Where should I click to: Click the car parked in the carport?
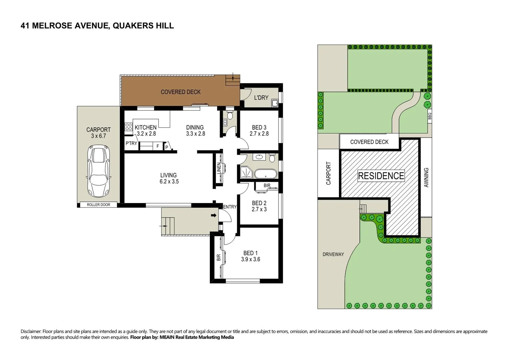coord(98,171)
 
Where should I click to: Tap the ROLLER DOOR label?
coord(98,205)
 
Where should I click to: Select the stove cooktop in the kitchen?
coord(128,127)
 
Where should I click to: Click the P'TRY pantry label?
coord(131,143)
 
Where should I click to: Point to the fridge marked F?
coord(158,146)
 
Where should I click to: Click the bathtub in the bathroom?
coord(266,174)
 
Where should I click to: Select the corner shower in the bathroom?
coord(246,173)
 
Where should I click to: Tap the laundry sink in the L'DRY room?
coord(275,103)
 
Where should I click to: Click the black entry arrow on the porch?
coord(213,215)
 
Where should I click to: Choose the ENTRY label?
coord(229,207)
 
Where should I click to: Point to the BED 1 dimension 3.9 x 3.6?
coord(250,259)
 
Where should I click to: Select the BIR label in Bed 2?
coord(267,186)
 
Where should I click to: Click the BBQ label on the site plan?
coord(430,116)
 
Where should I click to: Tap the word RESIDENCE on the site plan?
coord(381,176)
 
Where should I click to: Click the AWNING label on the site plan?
coord(426,177)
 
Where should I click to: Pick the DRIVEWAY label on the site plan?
coord(333,254)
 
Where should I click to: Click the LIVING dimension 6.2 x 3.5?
coord(169,182)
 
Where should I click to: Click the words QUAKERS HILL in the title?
coord(143,26)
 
